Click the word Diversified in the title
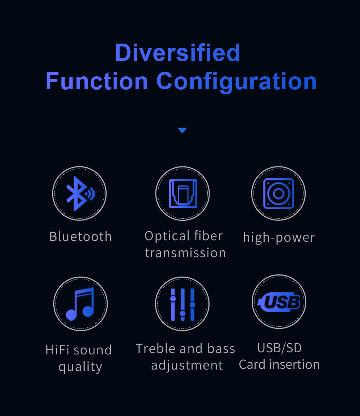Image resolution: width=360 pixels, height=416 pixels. (x=177, y=53)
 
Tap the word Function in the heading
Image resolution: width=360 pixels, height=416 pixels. (x=97, y=81)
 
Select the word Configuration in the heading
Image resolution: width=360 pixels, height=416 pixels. (x=237, y=82)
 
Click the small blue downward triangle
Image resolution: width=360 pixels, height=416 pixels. (x=183, y=130)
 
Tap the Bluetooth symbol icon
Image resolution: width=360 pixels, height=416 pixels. (x=80, y=193)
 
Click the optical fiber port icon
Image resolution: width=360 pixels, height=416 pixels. (x=183, y=193)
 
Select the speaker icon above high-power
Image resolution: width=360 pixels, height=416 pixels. (x=279, y=193)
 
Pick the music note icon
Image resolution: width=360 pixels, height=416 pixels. (x=80, y=304)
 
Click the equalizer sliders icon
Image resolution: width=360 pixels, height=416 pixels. (x=183, y=304)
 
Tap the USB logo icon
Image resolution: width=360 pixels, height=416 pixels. (x=279, y=302)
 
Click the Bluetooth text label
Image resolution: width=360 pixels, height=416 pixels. (x=81, y=236)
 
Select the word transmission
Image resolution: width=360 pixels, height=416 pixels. (x=185, y=253)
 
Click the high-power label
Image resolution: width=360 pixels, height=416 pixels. (x=279, y=237)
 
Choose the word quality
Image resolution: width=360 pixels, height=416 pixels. (x=80, y=367)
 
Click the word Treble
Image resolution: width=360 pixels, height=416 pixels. (x=156, y=349)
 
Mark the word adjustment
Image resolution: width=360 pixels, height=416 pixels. (x=187, y=366)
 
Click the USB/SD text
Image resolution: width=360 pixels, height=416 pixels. (x=279, y=348)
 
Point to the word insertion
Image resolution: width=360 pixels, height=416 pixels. (x=294, y=364)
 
